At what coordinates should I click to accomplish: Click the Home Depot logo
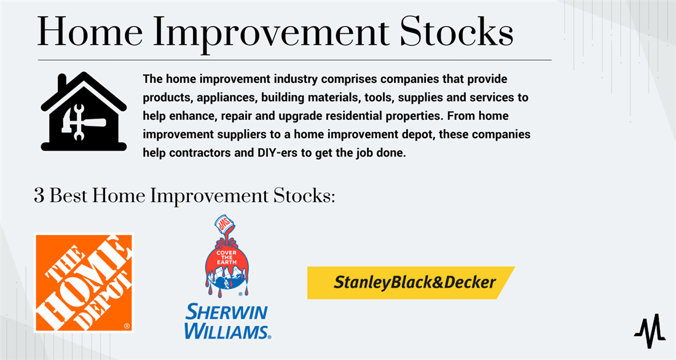(84, 283)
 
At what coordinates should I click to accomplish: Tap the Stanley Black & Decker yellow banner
(411, 283)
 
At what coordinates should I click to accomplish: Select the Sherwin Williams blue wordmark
(227, 321)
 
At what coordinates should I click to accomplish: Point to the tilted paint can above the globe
(226, 224)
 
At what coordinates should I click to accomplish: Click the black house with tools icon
(84, 111)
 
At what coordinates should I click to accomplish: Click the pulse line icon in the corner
(650, 331)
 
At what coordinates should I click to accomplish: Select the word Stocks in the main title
(456, 32)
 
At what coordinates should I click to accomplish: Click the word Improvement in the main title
(271, 34)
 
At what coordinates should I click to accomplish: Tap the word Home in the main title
(90, 33)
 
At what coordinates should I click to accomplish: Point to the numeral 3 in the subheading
(39, 196)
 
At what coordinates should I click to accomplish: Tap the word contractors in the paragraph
(199, 152)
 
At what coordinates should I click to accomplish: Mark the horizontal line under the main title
(294, 60)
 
